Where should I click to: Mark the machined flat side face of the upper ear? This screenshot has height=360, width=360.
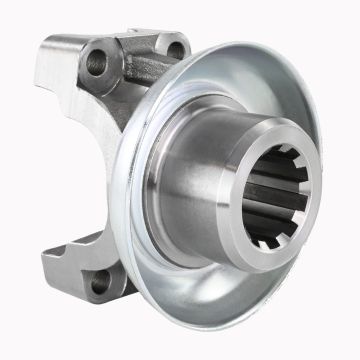click(x=75, y=110)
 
